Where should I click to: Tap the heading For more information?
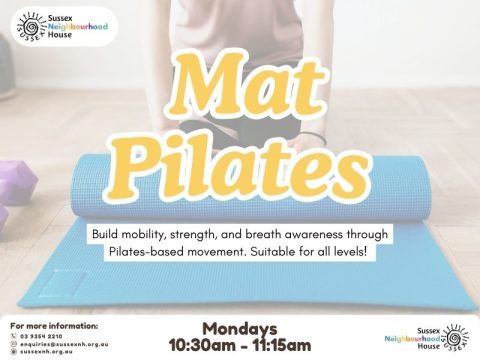click(x=54, y=325)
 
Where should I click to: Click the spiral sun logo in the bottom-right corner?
click(x=455, y=336)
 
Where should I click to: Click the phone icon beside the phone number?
click(x=12, y=335)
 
